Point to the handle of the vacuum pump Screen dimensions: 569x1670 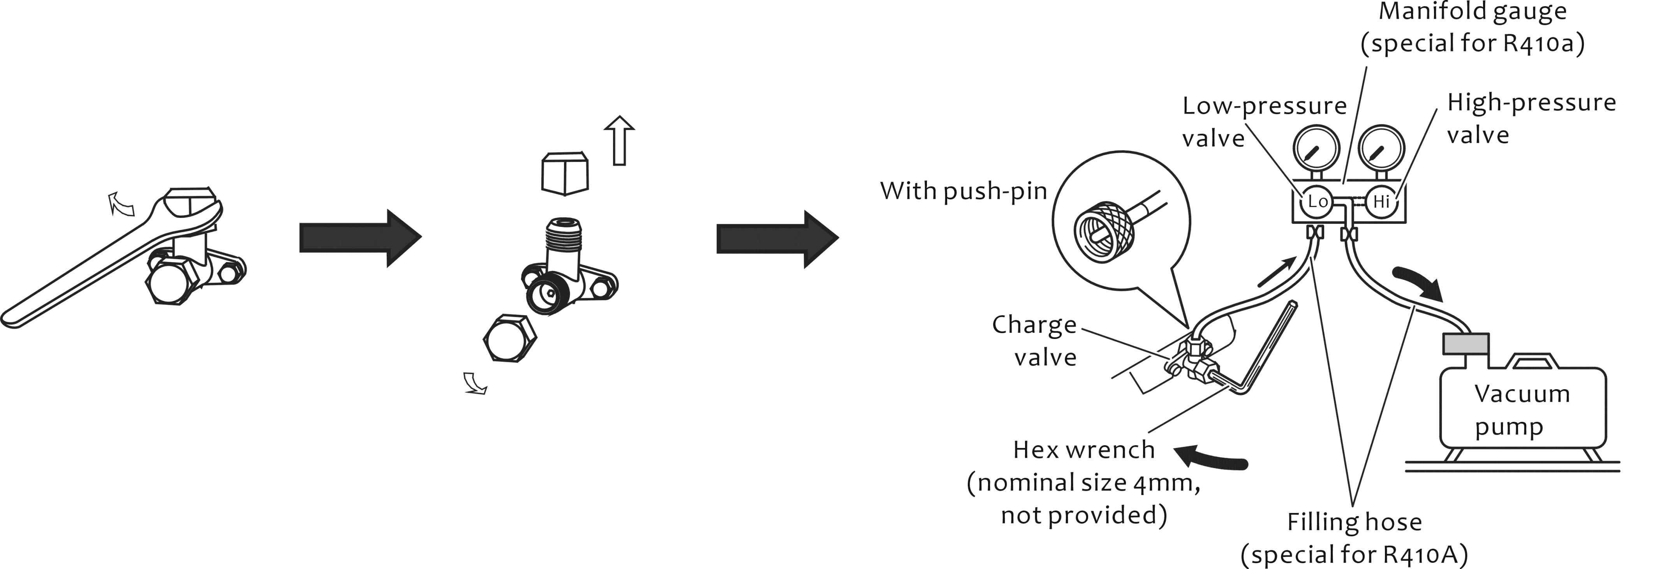point(1534,360)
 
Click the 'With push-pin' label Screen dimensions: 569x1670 point(964,191)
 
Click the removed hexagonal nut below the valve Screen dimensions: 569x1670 point(510,338)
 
